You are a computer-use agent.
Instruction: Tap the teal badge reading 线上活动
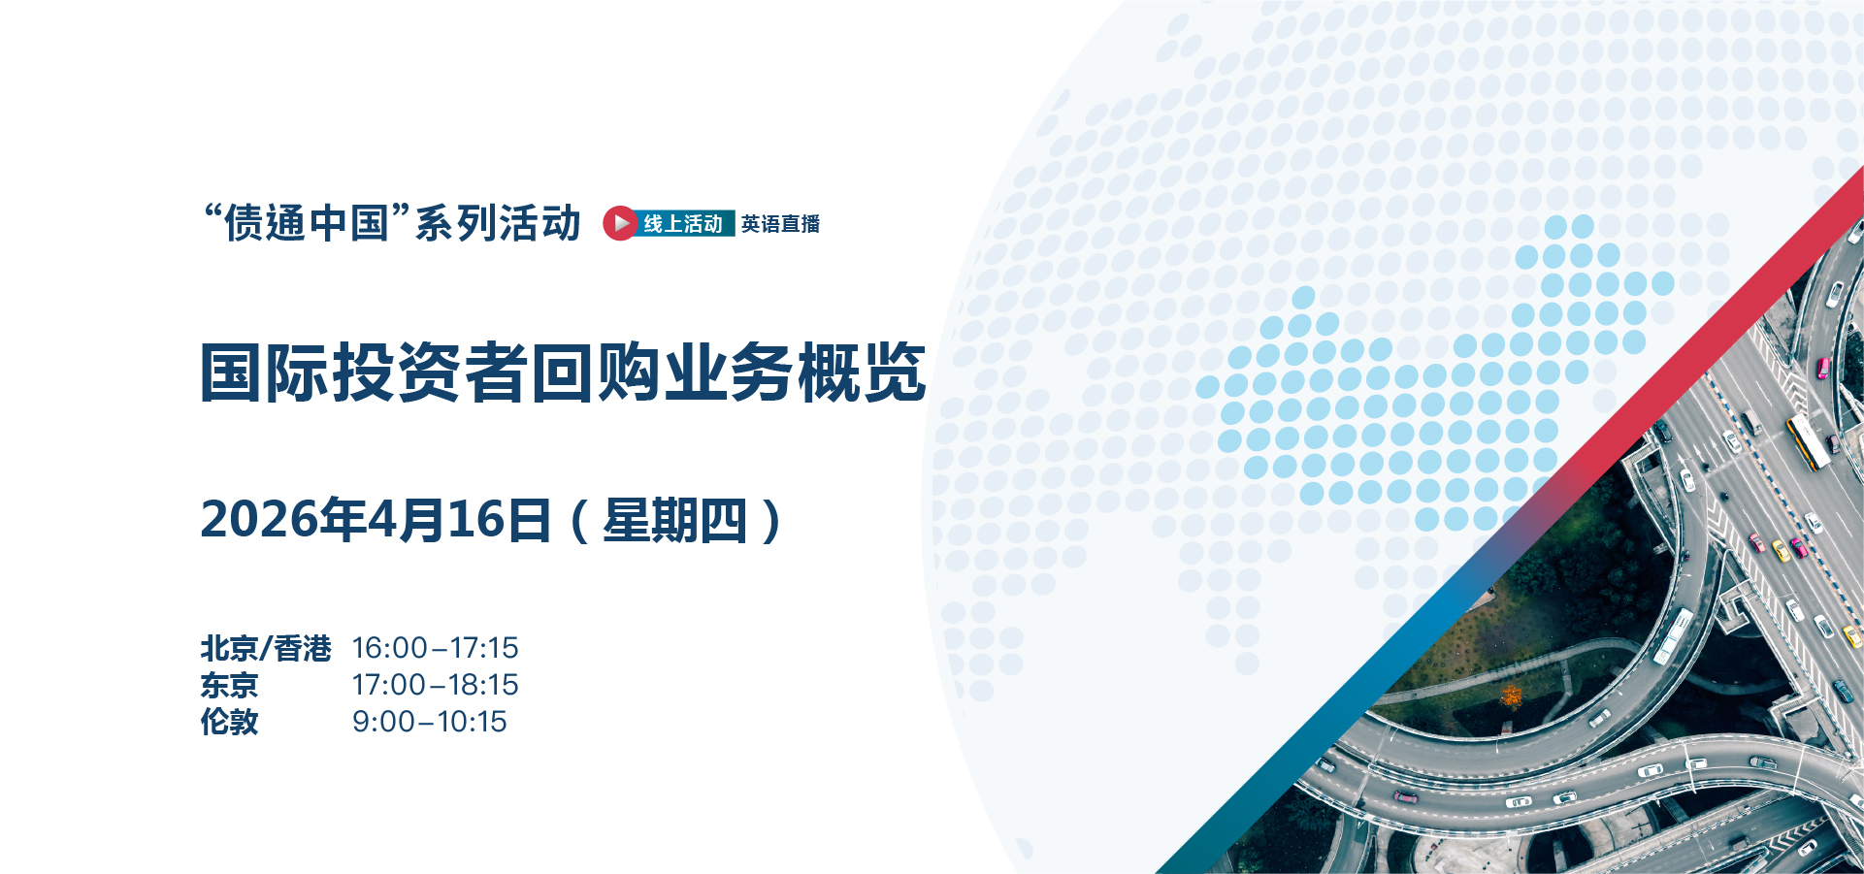(x=684, y=224)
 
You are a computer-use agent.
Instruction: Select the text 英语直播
(x=781, y=224)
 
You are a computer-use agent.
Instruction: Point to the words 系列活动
(x=498, y=223)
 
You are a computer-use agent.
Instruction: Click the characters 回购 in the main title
(x=596, y=372)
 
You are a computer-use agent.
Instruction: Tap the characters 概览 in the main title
(x=862, y=372)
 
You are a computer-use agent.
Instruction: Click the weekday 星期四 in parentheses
(x=674, y=521)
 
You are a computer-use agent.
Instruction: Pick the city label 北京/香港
(x=266, y=648)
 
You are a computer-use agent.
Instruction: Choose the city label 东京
(x=229, y=685)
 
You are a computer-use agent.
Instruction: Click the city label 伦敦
(x=229, y=722)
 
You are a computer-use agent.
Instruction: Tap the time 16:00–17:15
(x=435, y=648)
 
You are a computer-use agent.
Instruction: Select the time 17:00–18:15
(x=435, y=685)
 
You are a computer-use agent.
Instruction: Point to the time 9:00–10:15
(x=429, y=722)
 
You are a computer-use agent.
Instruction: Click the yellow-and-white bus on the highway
(x=1808, y=441)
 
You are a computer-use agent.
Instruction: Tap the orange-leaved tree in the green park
(x=1511, y=695)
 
